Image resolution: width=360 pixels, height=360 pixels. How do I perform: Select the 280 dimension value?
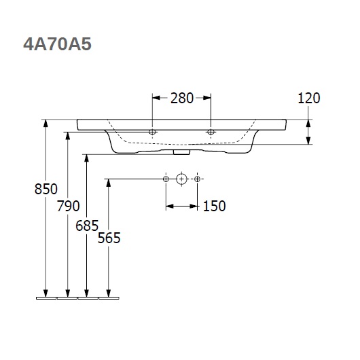(x=182, y=98)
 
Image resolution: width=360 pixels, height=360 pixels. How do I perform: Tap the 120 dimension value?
(x=308, y=98)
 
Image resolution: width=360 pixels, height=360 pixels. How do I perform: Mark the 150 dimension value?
(x=214, y=206)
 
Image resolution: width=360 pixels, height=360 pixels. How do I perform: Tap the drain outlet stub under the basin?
(x=182, y=151)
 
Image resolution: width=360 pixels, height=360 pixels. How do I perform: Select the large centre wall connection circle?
(x=181, y=179)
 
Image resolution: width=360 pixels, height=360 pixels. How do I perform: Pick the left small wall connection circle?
(x=165, y=179)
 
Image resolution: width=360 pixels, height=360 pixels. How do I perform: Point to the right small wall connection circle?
(x=198, y=179)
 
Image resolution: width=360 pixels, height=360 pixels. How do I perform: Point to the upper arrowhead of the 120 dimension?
(x=308, y=122)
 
